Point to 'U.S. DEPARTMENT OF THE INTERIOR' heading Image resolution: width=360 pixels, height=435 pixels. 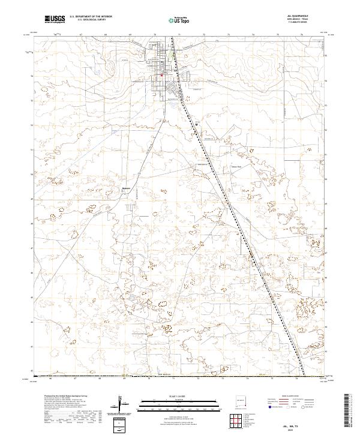click(x=91, y=16)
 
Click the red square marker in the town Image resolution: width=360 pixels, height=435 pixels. click(x=161, y=76)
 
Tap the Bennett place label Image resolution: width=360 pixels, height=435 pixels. click(x=126, y=187)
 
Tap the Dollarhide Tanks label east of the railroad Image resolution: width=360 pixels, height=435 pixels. click(x=236, y=167)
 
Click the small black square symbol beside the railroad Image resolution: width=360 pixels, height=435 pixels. click(x=196, y=124)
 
